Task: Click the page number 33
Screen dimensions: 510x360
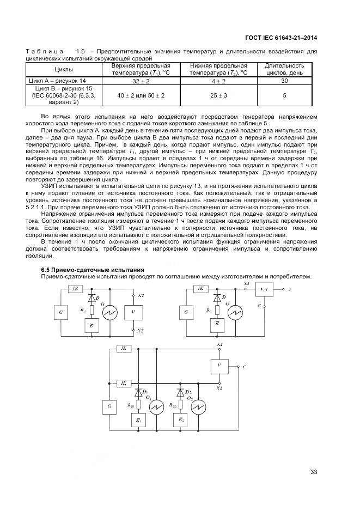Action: point(313,472)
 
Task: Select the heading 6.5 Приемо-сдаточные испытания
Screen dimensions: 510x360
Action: point(93,270)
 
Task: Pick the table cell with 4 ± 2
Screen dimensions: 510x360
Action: point(218,81)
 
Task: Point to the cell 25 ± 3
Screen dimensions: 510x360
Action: point(218,95)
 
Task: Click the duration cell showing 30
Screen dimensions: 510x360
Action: point(284,81)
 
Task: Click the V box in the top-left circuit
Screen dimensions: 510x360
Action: point(133,312)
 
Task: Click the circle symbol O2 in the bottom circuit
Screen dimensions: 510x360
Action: point(199,406)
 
